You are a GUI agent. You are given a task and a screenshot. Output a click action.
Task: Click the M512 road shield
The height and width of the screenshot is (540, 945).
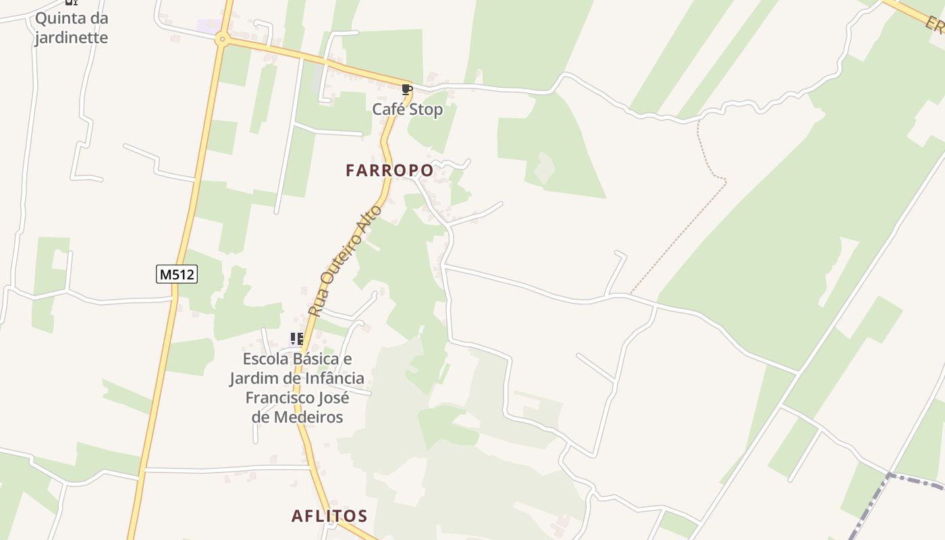coord(177,274)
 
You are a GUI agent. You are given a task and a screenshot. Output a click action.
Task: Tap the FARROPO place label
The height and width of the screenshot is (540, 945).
coord(389,171)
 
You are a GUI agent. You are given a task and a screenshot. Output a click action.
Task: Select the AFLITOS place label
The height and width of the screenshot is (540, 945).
coord(329,516)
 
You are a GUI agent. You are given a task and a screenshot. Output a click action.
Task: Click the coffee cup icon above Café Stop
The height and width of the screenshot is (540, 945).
coord(406,90)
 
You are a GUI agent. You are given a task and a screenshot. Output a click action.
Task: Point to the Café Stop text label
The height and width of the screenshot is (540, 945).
coord(408,109)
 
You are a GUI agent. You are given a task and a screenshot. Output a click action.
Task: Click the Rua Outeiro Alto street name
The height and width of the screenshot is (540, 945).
coord(345,261)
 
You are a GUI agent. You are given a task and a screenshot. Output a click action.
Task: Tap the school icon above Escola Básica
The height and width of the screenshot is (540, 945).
coord(296,338)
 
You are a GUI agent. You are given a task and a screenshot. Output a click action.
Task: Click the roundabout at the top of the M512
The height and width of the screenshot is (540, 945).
coord(222,40)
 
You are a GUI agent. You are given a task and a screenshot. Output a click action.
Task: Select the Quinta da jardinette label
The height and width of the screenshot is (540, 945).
coord(72,28)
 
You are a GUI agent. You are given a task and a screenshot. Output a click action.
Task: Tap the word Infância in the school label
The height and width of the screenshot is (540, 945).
coord(331,378)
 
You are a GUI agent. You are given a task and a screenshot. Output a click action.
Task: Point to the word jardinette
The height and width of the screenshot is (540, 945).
coord(72,37)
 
